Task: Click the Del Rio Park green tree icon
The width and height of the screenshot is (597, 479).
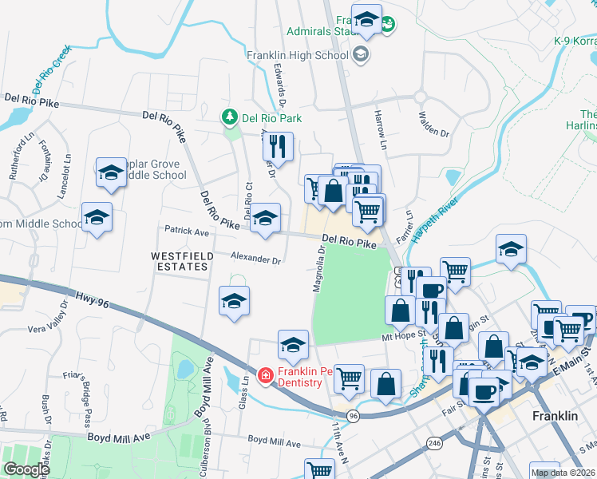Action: pos(230,117)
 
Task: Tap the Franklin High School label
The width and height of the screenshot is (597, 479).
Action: pos(297,56)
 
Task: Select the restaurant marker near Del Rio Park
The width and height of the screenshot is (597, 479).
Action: pos(278,146)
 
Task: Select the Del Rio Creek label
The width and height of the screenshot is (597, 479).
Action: pos(51,71)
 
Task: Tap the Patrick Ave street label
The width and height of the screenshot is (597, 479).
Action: pos(186,231)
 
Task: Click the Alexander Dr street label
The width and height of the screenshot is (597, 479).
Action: pos(255,259)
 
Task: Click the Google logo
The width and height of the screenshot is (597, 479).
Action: pos(26,469)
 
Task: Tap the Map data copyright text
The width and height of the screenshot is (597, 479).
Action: pos(562,473)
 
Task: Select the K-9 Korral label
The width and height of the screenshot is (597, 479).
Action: pos(575,40)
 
